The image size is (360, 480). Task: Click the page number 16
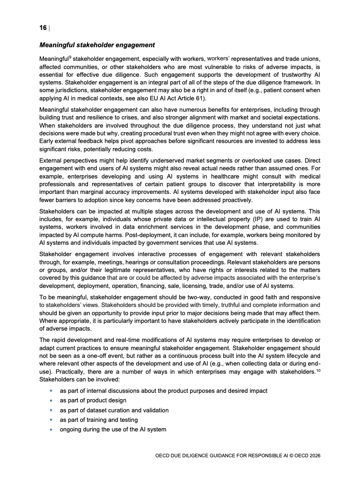tap(43, 28)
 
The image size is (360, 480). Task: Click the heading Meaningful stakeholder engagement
tap(97, 45)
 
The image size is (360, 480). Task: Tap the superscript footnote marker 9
tap(70, 57)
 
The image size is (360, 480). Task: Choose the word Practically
tap(70, 372)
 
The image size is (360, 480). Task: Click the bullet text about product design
tap(93, 400)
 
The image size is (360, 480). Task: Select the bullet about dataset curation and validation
tap(114, 410)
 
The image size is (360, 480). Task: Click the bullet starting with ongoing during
tap(113, 429)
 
